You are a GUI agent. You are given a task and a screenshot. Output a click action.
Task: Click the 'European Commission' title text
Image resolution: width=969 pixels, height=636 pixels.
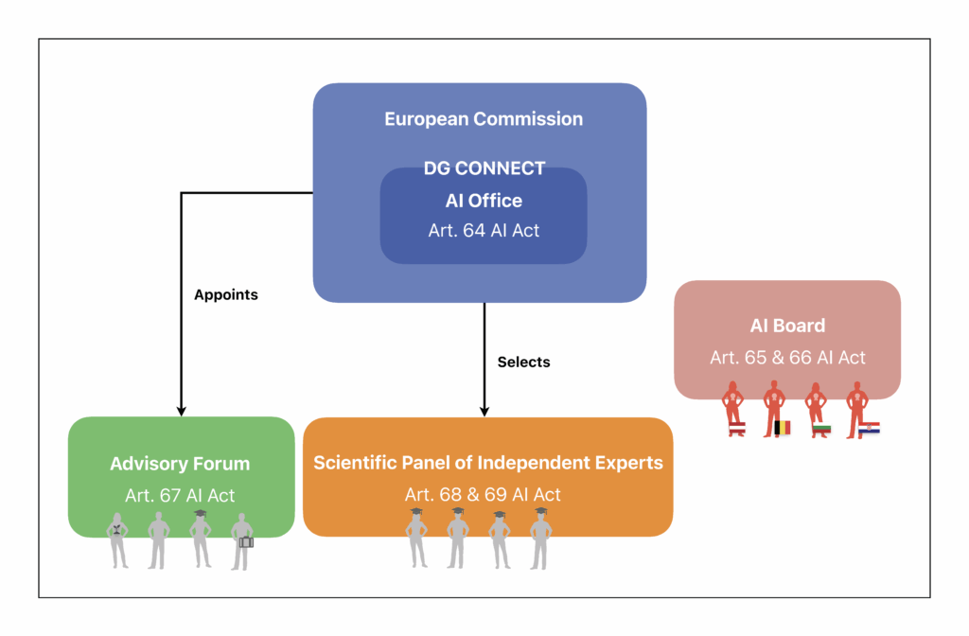(x=484, y=119)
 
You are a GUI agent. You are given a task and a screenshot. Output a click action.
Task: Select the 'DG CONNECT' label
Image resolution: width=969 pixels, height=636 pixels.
(x=484, y=168)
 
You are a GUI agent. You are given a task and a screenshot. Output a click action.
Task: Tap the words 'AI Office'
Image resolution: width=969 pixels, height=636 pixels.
(x=484, y=201)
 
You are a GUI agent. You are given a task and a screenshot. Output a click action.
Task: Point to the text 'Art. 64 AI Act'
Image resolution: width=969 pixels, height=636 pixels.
(x=484, y=230)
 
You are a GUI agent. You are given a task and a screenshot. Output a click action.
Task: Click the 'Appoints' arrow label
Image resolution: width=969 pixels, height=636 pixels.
(x=226, y=294)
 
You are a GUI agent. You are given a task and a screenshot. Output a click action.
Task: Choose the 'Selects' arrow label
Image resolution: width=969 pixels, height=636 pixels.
(x=523, y=362)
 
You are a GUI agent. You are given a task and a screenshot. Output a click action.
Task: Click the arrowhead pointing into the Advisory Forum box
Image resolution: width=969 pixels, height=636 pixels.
(x=181, y=410)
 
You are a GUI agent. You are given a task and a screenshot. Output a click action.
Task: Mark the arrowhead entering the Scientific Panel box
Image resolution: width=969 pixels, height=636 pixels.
(x=484, y=411)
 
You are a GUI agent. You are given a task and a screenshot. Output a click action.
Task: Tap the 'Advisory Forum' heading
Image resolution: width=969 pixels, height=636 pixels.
(x=180, y=464)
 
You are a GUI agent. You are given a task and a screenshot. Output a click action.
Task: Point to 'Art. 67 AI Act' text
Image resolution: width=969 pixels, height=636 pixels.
(x=180, y=495)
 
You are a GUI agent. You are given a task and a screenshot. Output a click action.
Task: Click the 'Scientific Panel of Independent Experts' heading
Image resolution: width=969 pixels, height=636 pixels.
(x=487, y=463)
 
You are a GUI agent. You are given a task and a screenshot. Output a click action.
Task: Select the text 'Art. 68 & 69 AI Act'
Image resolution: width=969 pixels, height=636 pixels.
(x=483, y=494)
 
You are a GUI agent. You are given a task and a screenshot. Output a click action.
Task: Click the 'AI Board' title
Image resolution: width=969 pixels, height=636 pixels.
(x=787, y=326)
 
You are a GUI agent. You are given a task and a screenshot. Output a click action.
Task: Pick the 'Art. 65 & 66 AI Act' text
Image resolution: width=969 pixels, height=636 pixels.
(x=787, y=358)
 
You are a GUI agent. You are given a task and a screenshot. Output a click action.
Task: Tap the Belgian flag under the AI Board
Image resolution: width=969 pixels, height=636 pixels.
(x=783, y=428)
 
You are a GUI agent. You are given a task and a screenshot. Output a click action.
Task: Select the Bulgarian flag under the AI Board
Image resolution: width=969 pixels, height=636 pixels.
(x=822, y=429)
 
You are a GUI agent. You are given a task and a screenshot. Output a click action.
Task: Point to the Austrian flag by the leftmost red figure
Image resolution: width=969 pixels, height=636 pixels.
(x=737, y=429)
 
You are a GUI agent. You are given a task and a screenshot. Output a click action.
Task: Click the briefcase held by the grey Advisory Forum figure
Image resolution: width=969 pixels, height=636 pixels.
(x=246, y=542)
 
